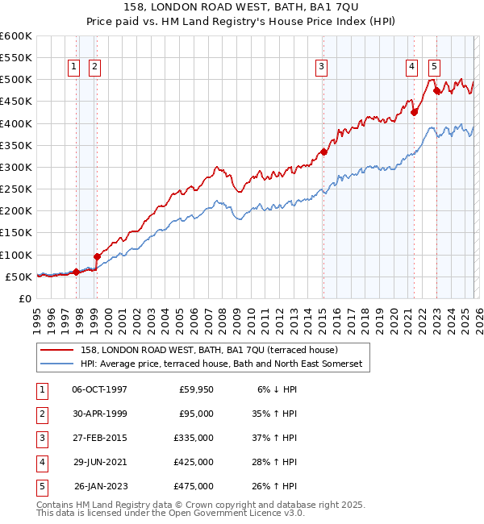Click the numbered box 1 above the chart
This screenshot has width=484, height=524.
click(73, 67)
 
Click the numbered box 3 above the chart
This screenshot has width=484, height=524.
click(321, 67)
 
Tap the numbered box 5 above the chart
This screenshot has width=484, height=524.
click(434, 67)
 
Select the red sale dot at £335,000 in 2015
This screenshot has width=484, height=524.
click(323, 152)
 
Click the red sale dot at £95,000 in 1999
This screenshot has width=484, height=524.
click(97, 256)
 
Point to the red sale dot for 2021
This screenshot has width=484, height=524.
click(414, 112)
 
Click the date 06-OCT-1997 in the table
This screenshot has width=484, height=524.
click(99, 389)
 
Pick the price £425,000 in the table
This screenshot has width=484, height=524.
click(193, 462)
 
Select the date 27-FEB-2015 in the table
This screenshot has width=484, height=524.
click(99, 438)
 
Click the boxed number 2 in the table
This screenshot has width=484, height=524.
click(40, 414)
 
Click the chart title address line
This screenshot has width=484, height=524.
click(241, 7)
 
